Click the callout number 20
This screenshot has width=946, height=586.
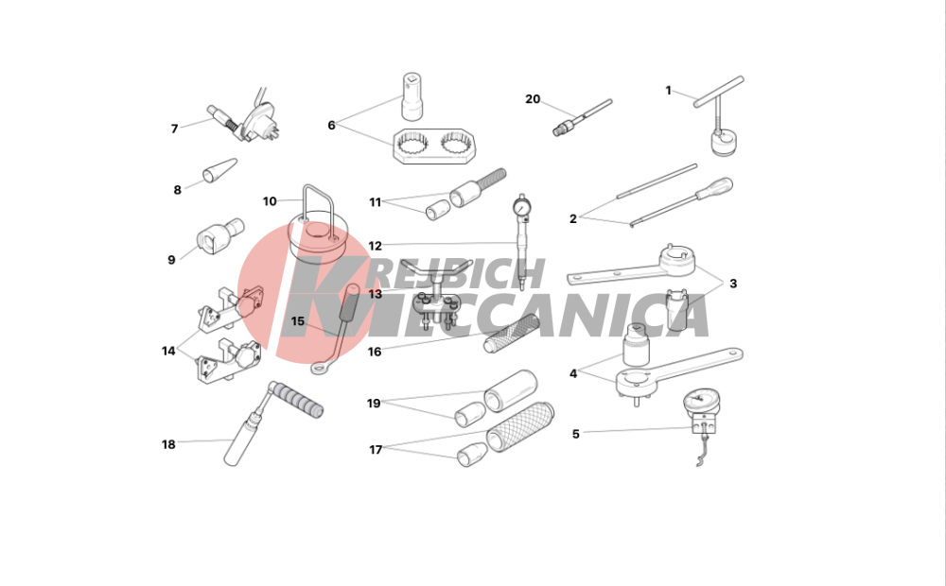tap(532, 99)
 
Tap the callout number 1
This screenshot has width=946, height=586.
tap(668, 91)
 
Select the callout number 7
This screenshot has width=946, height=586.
tap(174, 129)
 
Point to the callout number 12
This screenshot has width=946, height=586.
tap(375, 246)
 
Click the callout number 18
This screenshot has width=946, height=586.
tap(168, 444)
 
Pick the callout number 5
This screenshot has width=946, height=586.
tap(575, 434)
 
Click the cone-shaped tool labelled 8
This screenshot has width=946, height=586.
tap(219, 171)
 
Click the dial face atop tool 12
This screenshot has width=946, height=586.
tap(520, 207)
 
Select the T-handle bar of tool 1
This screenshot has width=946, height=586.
tap(719, 92)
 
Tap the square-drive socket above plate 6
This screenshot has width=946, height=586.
tap(412, 96)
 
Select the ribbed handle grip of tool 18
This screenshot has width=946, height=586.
tap(296, 401)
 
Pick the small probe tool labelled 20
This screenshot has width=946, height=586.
tap(582, 117)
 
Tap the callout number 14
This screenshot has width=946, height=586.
tap(168, 351)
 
